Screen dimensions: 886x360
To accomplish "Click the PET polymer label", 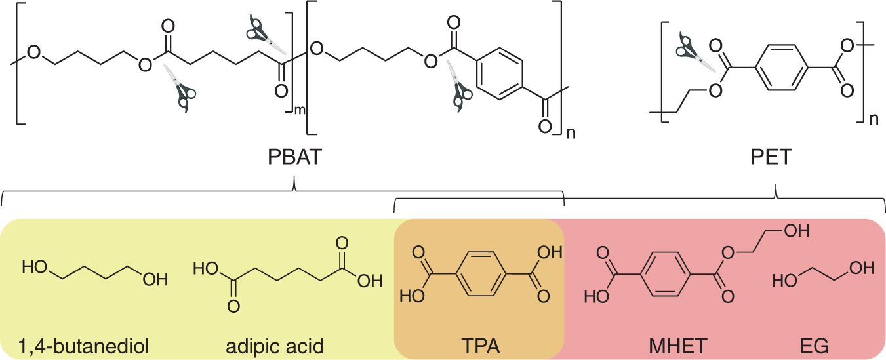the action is coord(776,159).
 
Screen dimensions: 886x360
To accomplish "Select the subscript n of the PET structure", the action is coord(873,119).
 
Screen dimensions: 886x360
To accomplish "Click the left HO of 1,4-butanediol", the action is coord(34,267).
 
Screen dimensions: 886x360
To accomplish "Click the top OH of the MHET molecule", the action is coord(795,231).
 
